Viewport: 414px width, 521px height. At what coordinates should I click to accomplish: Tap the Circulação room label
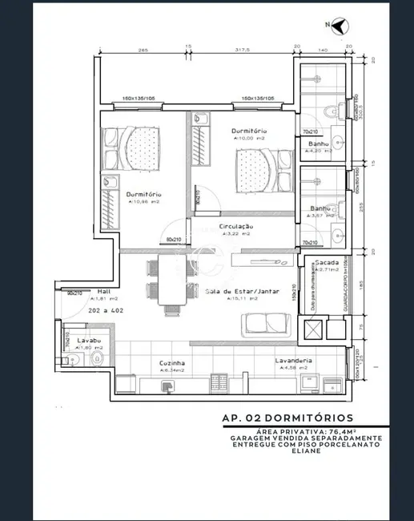click(236, 227)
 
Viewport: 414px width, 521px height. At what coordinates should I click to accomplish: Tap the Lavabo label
click(89, 341)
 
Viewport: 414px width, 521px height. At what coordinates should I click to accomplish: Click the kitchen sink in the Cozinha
click(167, 386)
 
